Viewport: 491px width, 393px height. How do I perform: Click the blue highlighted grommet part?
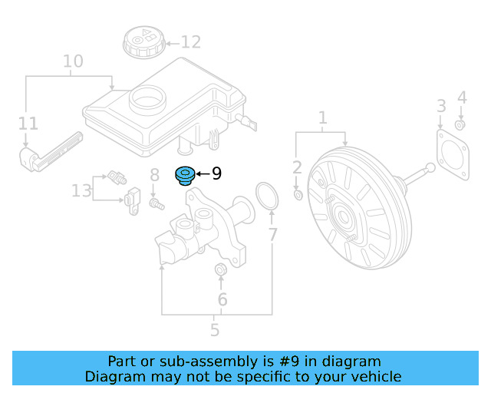pyautogui.click(x=186, y=176)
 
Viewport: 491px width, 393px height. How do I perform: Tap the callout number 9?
pyautogui.click(x=216, y=174)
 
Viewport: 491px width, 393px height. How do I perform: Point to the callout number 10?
pyautogui.click(x=73, y=61)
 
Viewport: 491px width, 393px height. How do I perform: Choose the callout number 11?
pyautogui.click(x=28, y=123)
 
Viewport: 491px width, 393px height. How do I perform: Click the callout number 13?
pyautogui.click(x=81, y=190)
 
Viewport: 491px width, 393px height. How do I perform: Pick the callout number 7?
pyautogui.click(x=272, y=235)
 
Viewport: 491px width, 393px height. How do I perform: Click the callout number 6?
pyautogui.click(x=222, y=299)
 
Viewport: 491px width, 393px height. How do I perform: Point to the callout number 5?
pyautogui.click(x=215, y=331)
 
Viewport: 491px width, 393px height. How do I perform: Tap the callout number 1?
pyautogui.click(x=323, y=117)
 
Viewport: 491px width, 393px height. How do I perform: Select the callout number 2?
pyautogui.click(x=298, y=167)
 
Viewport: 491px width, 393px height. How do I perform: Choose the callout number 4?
pyautogui.click(x=461, y=97)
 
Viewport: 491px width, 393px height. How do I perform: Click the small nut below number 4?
pyautogui.click(x=460, y=124)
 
